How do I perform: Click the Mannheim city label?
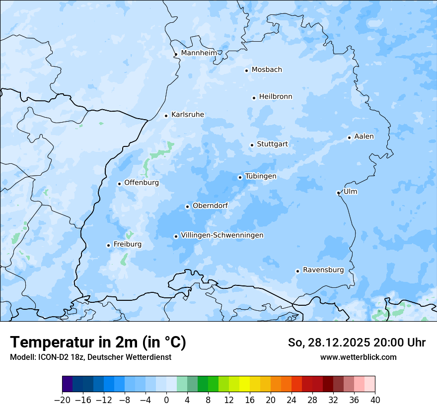[199, 53]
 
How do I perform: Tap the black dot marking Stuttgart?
[252, 145]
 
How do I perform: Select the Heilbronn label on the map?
[276, 97]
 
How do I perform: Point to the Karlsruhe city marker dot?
[166, 116]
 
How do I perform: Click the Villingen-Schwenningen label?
[222, 235]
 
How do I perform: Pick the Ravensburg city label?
[323, 270]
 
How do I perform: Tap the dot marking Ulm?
[338, 193]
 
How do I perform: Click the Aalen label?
[364, 137]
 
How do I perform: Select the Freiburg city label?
[127, 244]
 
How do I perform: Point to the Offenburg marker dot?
[119, 184]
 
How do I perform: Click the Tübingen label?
[261, 176]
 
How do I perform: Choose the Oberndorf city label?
[210, 206]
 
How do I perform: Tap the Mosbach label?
[267, 69]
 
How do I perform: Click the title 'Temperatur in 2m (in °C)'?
[98, 343]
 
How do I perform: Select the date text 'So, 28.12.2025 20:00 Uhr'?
[357, 343]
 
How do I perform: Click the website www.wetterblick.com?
[358, 357]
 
